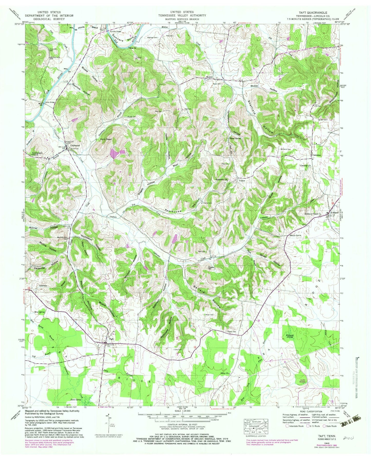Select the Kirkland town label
(x=334, y=213)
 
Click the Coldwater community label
(x=75, y=145)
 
